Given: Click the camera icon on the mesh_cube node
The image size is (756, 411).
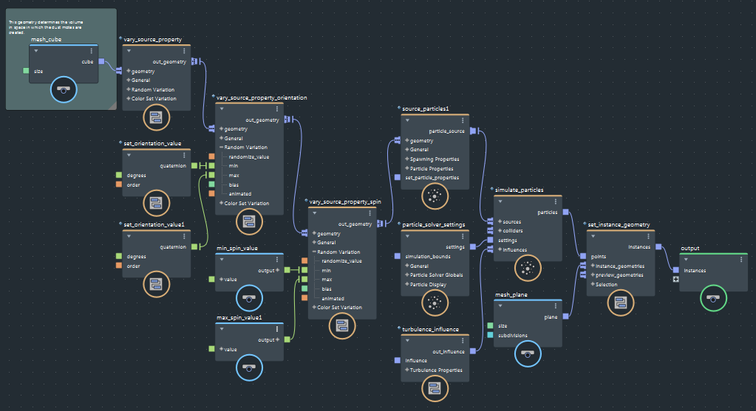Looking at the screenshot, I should click(64, 90).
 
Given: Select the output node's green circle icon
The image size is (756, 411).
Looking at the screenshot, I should click(712, 298).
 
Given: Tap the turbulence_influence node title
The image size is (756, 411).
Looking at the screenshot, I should click(431, 329).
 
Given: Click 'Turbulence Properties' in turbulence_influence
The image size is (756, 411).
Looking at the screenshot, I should click(435, 370).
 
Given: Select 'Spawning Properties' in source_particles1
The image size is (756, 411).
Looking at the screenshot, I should click(435, 159).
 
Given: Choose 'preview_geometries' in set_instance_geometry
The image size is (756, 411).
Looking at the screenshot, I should click(619, 275).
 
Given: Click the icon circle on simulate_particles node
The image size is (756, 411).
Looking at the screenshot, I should click(528, 267).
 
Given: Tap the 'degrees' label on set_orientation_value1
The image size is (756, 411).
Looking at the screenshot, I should click(137, 257).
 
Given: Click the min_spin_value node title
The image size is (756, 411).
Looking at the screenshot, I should click(237, 249).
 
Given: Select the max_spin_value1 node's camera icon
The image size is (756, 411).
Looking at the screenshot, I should click(249, 367).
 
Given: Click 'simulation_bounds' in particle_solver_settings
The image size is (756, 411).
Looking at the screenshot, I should click(428, 256).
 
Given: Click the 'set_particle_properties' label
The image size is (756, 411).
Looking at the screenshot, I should click(432, 177).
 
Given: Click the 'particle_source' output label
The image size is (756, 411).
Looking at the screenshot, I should click(446, 131).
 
